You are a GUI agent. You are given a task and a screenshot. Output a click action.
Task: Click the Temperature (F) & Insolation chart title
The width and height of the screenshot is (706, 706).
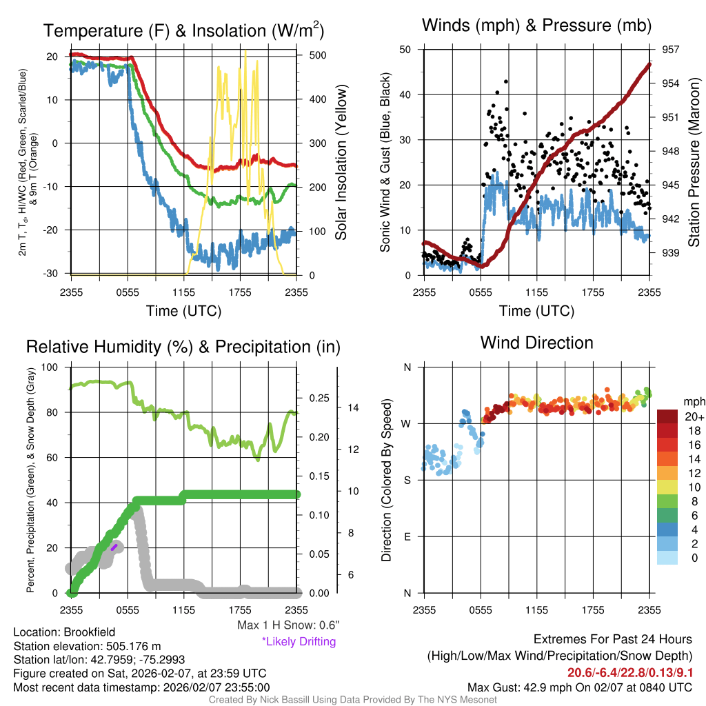pyautogui.click(x=183, y=30)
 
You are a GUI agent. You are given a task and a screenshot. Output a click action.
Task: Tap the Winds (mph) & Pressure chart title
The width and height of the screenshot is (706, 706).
pyautogui.click(x=537, y=26)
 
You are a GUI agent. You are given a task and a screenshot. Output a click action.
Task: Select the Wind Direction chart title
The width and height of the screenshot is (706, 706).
pyautogui.click(x=536, y=343)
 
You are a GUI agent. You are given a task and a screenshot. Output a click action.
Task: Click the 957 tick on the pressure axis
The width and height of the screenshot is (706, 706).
pyautogui.click(x=671, y=50)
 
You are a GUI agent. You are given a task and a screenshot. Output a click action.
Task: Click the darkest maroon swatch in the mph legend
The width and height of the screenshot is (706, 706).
pyautogui.click(x=668, y=416)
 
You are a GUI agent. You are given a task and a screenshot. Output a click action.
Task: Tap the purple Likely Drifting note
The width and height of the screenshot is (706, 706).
pyautogui.click(x=299, y=641)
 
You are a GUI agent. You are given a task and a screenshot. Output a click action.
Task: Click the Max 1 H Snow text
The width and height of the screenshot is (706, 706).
pyautogui.click(x=288, y=625)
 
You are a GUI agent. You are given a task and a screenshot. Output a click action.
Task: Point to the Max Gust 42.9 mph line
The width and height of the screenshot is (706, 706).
pyautogui.click(x=580, y=687)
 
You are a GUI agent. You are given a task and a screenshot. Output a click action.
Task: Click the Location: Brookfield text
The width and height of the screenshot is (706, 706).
pyautogui.click(x=64, y=632)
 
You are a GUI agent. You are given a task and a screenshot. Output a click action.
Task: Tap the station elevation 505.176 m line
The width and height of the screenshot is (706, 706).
pyautogui.click(x=87, y=646)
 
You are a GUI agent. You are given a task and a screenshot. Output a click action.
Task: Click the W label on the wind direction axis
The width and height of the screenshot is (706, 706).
pyautogui.click(x=407, y=423)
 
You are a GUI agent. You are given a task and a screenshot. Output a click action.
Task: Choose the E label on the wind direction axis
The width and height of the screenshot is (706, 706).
pyautogui.click(x=407, y=536)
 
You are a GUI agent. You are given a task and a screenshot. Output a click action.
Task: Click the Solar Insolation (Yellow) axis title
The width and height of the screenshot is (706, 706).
pyautogui.click(x=341, y=163)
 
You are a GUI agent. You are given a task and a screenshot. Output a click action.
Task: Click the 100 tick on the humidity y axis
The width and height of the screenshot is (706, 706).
pyautogui.click(x=53, y=367)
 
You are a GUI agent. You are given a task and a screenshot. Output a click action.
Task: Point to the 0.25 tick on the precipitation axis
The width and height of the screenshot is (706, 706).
pyautogui.click(x=319, y=398)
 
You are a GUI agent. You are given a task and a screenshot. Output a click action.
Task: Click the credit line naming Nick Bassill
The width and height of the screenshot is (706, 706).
pyautogui.click(x=353, y=700)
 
